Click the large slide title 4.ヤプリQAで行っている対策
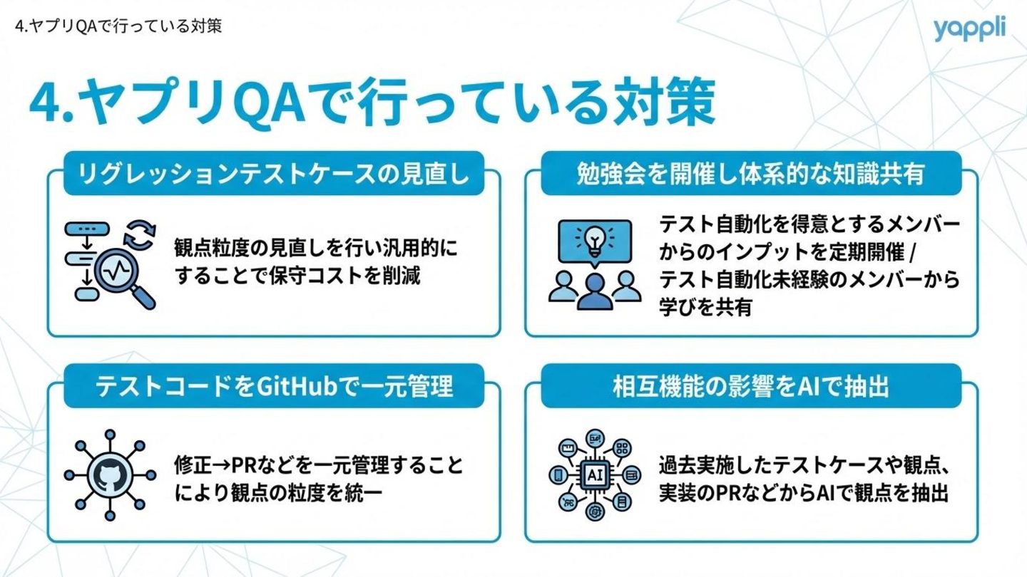click(371, 105)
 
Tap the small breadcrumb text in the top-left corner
click(118, 27)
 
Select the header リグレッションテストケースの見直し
click(275, 174)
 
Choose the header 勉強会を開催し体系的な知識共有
click(750, 174)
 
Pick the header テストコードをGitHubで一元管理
click(275, 386)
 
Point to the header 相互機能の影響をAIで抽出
click(750, 386)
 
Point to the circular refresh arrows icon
click(139, 237)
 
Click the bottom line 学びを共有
click(705, 307)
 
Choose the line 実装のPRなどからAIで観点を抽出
click(804, 493)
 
